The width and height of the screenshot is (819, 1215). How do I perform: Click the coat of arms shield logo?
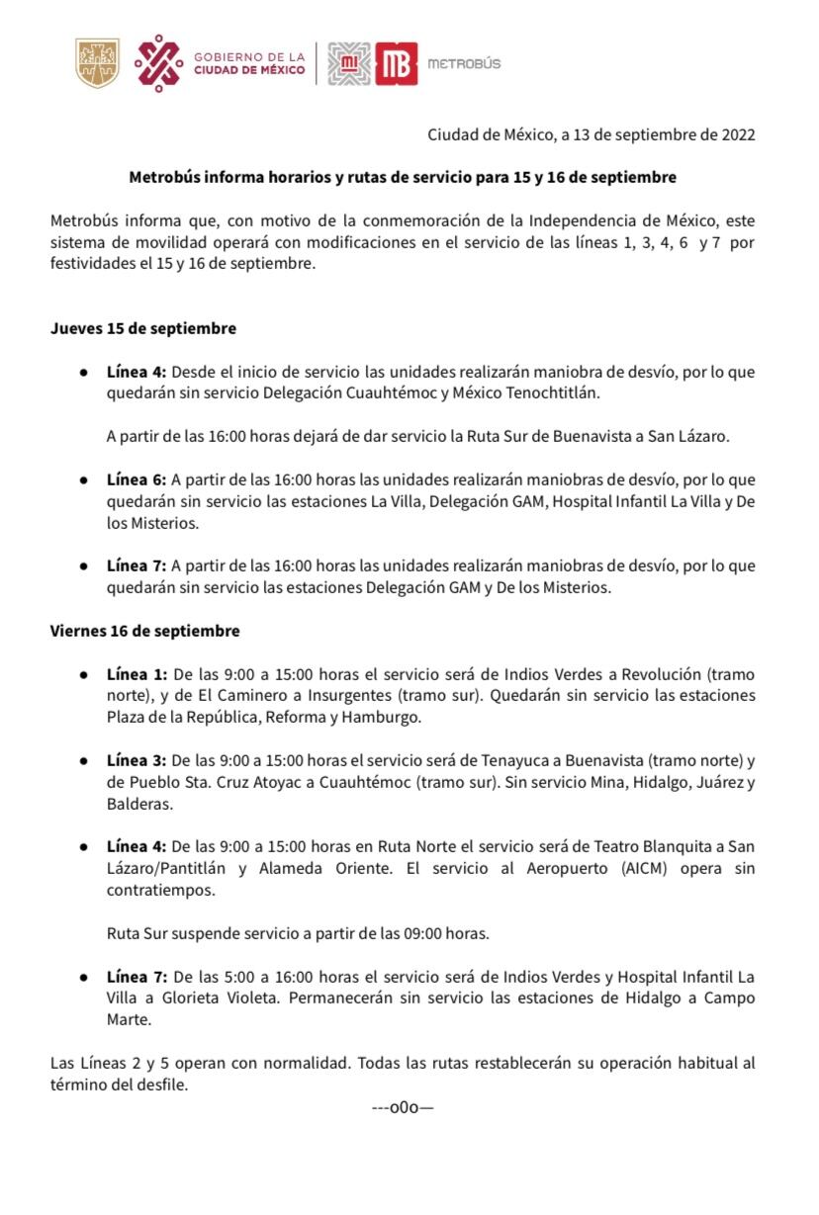(x=98, y=63)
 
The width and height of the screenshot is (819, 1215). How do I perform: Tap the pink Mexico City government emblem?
(x=159, y=63)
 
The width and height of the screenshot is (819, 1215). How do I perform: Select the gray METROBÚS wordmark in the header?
(x=464, y=64)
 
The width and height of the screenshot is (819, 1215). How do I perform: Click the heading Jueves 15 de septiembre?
(x=143, y=328)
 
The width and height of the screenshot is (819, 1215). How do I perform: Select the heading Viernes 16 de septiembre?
(x=145, y=631)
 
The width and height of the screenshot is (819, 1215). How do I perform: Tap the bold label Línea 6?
(x=136, y=480)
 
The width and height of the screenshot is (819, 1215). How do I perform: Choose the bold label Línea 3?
(x=136, y=761)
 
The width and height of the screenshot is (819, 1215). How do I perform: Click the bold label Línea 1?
(x=137, y=674)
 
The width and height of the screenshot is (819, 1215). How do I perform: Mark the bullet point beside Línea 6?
(x=85, y=480)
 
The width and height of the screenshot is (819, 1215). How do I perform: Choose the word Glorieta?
(x=181, y=998)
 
